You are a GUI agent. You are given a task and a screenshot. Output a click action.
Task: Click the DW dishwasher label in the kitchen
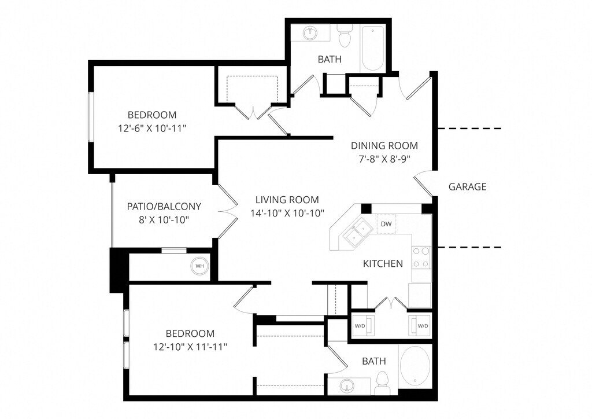click(x=386, y=224)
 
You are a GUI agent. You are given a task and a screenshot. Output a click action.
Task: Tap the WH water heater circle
click(x=199, y=266)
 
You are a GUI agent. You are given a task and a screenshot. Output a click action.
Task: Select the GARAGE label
click(x=467, y=186)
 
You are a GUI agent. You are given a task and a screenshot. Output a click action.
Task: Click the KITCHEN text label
click(x=383, y=264)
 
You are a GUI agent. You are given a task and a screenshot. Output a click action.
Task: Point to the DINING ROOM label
click(x=384, y=145)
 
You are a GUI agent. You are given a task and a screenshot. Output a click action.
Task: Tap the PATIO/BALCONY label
click(x=164, y=207)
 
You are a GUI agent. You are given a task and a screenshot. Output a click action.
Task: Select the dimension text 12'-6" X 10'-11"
click(x=152, y=128)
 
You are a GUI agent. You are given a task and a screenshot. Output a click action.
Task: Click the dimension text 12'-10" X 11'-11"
click(x=190, y=347)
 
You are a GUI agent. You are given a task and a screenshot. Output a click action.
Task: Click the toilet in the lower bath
click(x=382, y=383)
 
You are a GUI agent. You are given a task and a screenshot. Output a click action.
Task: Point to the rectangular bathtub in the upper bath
click(x=373, y=45)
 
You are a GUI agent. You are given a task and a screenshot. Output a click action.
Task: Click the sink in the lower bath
click(x=347, y=386)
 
